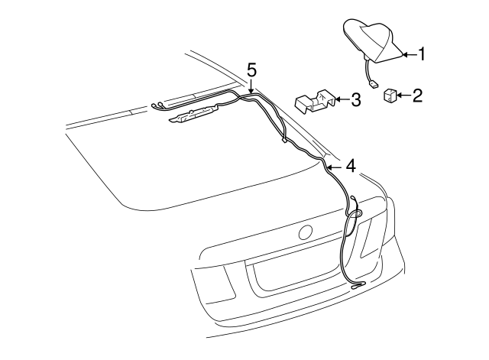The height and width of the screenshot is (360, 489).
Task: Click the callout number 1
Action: click(x=421, y=54)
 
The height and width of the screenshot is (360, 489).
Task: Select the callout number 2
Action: click(x=417, y=96)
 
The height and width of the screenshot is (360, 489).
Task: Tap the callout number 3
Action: click(x=355, y=100)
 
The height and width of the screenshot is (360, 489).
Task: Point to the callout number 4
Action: click(x=350, y=165)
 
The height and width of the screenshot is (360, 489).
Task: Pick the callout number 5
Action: click(x=251, y=70)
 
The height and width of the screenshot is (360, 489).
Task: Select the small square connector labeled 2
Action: click(x=389, y=96)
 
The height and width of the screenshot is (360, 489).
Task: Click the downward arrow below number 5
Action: click(x=251, y=88)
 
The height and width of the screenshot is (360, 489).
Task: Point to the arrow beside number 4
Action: click(x=334, y=165)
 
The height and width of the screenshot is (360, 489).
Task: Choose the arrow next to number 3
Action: click(x=341, y=100)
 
